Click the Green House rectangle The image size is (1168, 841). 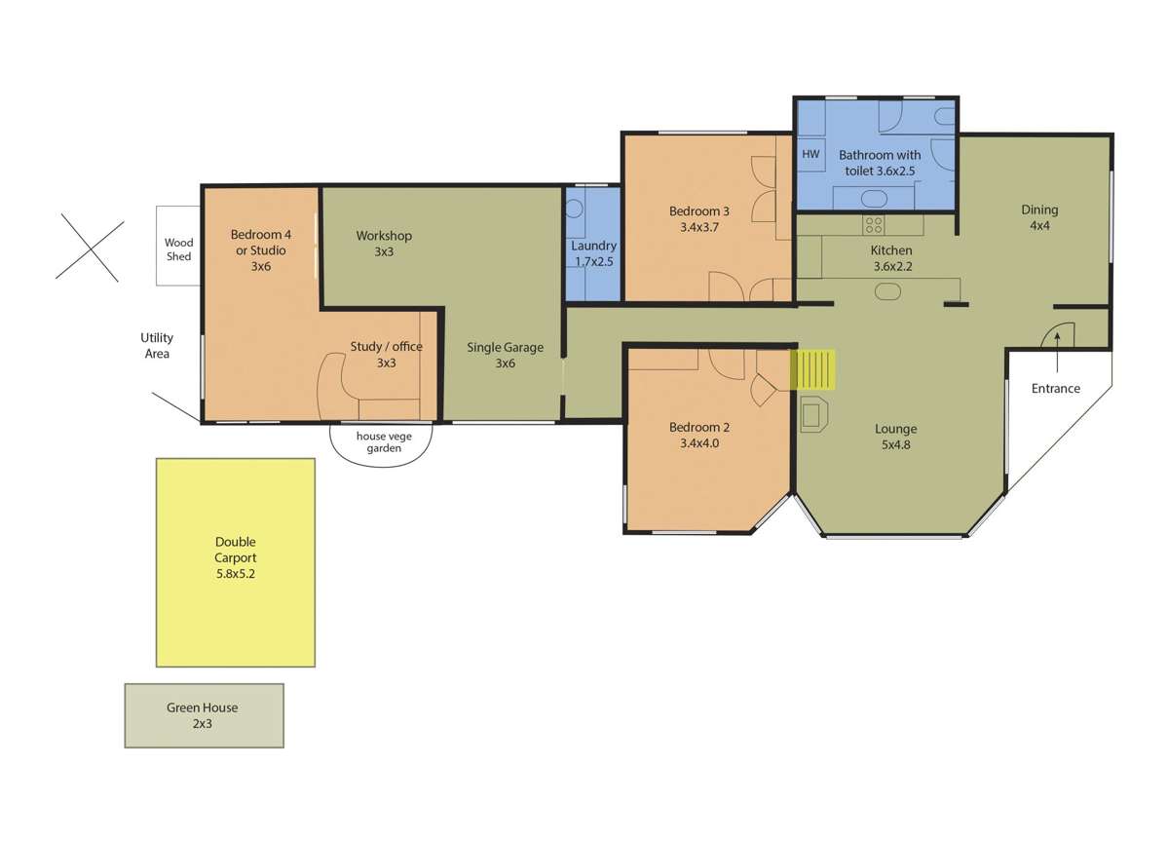tap(204, 715)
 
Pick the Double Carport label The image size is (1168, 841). tap(236, 558)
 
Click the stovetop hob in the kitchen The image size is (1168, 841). tap(874, 226)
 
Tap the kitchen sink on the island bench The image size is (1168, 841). tap(889, 290)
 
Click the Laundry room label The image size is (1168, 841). tap(593, 253)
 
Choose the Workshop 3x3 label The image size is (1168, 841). tap(384, 244)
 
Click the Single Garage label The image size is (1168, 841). tap(505, 355)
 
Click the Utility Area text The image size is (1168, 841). tap(157, 346)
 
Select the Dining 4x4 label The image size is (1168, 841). tap(1039, 217)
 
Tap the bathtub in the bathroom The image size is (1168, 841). tap(874, 199)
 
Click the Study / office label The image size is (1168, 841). tap(386, 354)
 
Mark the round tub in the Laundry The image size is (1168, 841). tap(575, 208)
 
